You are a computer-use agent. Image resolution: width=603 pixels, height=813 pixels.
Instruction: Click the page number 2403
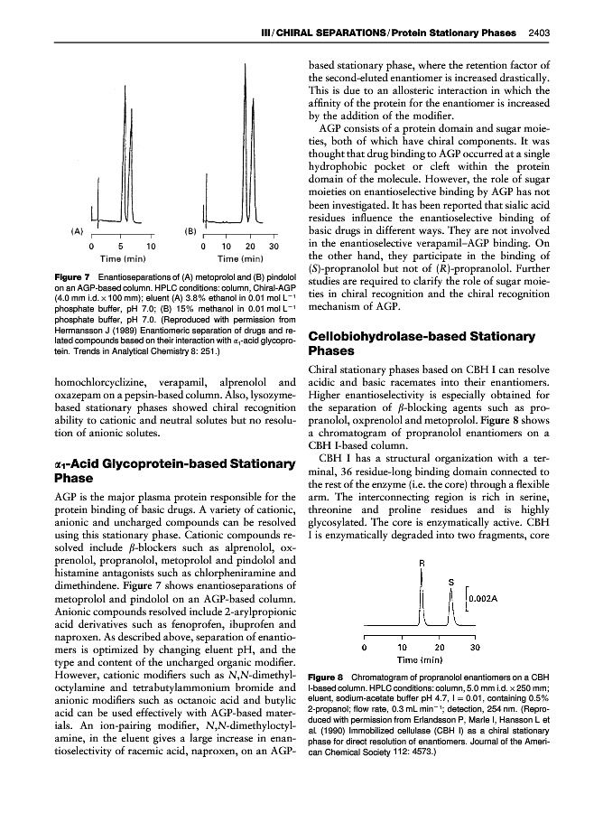540,33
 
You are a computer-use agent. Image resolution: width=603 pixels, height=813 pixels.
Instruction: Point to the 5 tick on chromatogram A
121,246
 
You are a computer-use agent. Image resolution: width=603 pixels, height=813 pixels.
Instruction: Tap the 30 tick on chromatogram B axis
274,246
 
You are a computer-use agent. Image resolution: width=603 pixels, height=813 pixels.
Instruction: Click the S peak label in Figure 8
450,583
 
